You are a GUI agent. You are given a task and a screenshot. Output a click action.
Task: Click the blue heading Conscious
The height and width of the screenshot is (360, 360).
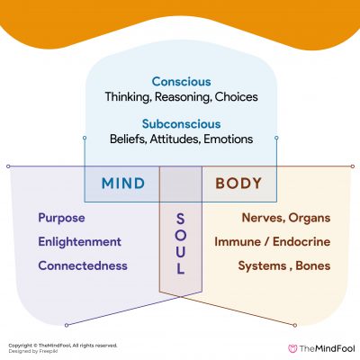point(180,80)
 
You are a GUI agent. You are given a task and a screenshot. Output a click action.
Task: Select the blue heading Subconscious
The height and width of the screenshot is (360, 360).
point(180,123)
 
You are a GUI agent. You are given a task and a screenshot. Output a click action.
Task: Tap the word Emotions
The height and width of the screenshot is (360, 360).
point(230,139)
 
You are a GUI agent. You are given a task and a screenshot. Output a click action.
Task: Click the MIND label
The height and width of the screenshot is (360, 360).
point(123,184)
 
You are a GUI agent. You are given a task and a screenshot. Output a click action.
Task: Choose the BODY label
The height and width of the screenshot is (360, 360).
point(238,184)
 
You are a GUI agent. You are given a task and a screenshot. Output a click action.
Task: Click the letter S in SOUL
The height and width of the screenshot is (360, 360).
point(180,218)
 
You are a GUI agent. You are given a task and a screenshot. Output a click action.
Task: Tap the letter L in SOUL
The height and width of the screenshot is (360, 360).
point(180,269)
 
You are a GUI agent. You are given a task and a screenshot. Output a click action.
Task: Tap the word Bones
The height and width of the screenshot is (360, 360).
point(310,265)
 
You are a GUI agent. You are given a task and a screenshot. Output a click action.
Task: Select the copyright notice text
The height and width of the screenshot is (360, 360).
point(62,344)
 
